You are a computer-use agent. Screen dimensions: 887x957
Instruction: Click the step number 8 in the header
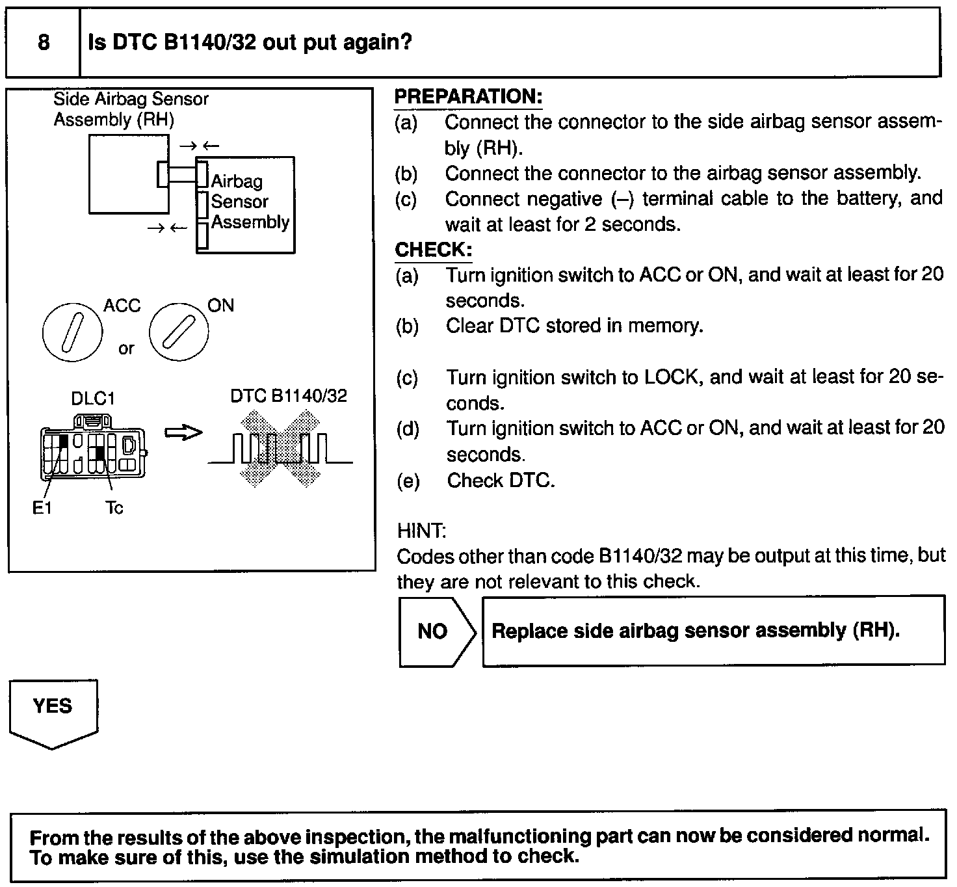pos(44,43)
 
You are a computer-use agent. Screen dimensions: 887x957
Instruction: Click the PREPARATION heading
pos(468,97)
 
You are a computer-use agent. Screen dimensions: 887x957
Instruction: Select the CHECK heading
pos(433,250)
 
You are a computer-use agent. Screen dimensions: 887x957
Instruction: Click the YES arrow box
pos(53,712)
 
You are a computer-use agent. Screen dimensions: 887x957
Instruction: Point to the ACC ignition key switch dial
pos(72,332)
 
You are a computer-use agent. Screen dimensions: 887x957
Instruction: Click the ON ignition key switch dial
pos(179,332)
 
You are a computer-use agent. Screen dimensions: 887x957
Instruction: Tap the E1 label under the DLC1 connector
pos(42,508)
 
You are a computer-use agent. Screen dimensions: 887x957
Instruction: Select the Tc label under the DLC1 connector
pos(114,508)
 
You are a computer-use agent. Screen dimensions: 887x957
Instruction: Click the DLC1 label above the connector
pos(93,398)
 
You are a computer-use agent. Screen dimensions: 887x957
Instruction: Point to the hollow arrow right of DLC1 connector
pos(183,432)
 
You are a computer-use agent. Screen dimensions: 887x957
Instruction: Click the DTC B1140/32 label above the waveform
pos(289,395)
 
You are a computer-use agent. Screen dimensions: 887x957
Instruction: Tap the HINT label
pos(421,531)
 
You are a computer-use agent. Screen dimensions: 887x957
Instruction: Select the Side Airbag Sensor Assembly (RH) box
pos(128,174)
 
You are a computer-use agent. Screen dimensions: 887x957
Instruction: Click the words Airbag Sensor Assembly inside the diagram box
pos(249,202)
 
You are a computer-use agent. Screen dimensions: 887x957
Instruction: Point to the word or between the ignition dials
pos(126,349)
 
